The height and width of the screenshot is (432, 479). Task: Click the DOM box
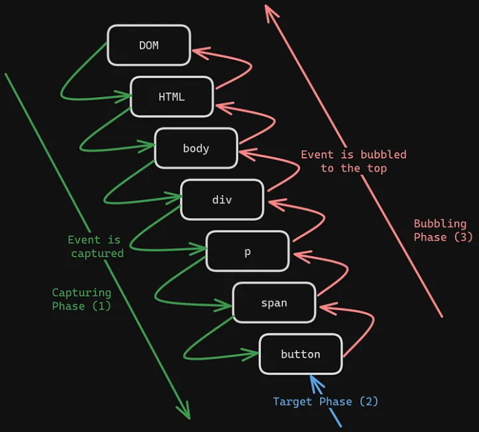coord(149,45)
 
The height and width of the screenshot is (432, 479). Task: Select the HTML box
coord(171,96)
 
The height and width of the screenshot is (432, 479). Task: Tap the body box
coord(196,148)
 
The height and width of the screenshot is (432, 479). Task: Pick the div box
coord(222,200)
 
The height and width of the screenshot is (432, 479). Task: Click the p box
coord(248,251)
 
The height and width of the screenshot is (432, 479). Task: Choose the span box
coord(274,302)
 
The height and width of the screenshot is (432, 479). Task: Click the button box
coord(300,354)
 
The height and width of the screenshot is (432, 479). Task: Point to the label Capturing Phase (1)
coord(81,300)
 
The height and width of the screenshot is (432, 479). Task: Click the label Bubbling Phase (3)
coord(440,230)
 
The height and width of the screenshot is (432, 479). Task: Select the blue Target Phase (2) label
coord(325,401)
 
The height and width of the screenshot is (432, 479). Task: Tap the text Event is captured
coord(96,247)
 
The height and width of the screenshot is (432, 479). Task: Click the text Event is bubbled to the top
coord(354,161)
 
